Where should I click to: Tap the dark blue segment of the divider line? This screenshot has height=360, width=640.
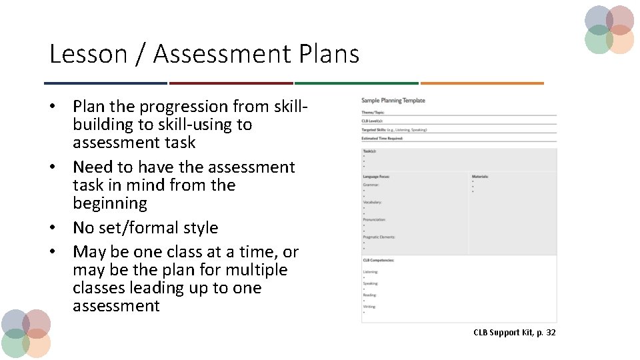105,83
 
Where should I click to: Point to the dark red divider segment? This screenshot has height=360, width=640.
231,83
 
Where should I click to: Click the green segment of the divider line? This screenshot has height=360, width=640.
356,83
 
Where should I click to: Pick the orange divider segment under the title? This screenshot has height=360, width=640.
481,83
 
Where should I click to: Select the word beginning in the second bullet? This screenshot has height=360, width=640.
109,203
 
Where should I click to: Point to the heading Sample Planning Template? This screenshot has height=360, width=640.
393,101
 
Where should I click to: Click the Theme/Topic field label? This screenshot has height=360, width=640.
373,113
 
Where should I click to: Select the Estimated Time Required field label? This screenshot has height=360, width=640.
383,138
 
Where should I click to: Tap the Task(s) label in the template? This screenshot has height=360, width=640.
369,151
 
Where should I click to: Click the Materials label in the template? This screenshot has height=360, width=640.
480,177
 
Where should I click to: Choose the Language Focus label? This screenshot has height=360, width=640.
376,177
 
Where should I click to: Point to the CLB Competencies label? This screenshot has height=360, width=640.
378,260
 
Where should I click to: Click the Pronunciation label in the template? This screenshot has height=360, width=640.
374,219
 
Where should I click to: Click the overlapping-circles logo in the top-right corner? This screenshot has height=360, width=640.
609,29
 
